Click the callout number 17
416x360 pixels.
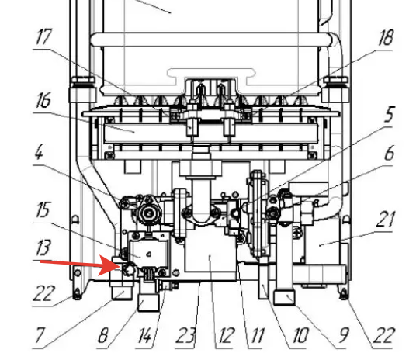pyautogui.click(x=43, y=36)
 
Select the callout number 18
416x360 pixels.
pyautogui.click(x=385, y=37)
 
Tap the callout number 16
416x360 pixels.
pyautogui.click(x=43, y=100)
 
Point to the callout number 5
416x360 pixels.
pyautogui.click(x=389, y=114)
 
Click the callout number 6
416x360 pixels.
pyautogui.click(x=389, y=153)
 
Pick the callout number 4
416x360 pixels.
pyautogui.click(x=39, y=152)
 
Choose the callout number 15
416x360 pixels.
pyautogui.click(x=43, y=209)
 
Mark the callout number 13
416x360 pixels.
pyautogui.click(x=43, y=247)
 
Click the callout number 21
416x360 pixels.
pyautogui.click(x=385, y=219)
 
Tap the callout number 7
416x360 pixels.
pyautogui.click(x=40, y=335)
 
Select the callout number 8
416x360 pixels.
pyautogui.click(x=103, y=335)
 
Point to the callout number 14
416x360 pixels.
pyautogui.click(x=145, y=335)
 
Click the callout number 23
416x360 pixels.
pyautogui.click(x=186, y=335)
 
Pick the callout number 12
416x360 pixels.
pyautogui.click(x=227, y=335)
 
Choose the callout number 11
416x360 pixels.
pyautogui.click(x=258, y=335)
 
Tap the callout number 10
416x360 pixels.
pyautogui.click(x=300, y=335)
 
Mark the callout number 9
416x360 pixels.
pyautogui.click(x=343, y=335)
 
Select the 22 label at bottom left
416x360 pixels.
pyautogui.click(x=43, y=293)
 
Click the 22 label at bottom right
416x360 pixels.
pyautogui.click(x=384, y=335)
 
